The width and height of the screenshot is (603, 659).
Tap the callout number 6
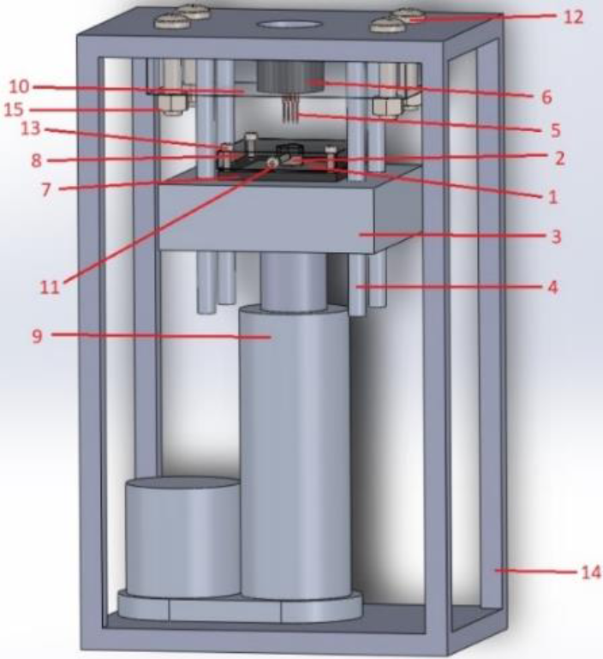click(x=546, y=97)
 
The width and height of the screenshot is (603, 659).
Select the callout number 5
click(x=556, y=130)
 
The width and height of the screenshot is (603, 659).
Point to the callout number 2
click(x=559, y=159)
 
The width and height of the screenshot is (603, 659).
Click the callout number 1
click(x=553, y=197)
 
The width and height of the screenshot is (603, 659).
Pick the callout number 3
click(x=556, y=237)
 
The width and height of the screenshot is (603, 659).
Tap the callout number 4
click(x=553, y=287)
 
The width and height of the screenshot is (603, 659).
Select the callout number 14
click(x=591, y=572)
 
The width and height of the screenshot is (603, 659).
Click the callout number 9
click(x=38, y=336)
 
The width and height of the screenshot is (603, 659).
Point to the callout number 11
click(x=50, y=287)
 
